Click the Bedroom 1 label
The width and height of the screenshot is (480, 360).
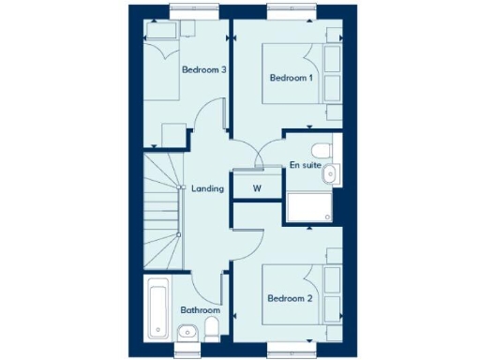pos(290,78)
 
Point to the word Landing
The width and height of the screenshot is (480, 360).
pos(207,188)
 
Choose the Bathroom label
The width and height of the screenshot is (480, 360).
pos(201,310)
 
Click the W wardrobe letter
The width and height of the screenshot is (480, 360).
pos(256,188)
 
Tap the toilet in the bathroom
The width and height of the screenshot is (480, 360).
pos(212,328)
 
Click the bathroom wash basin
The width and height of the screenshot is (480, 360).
pos(187,330)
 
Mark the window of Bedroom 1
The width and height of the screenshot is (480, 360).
pos(290,12)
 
